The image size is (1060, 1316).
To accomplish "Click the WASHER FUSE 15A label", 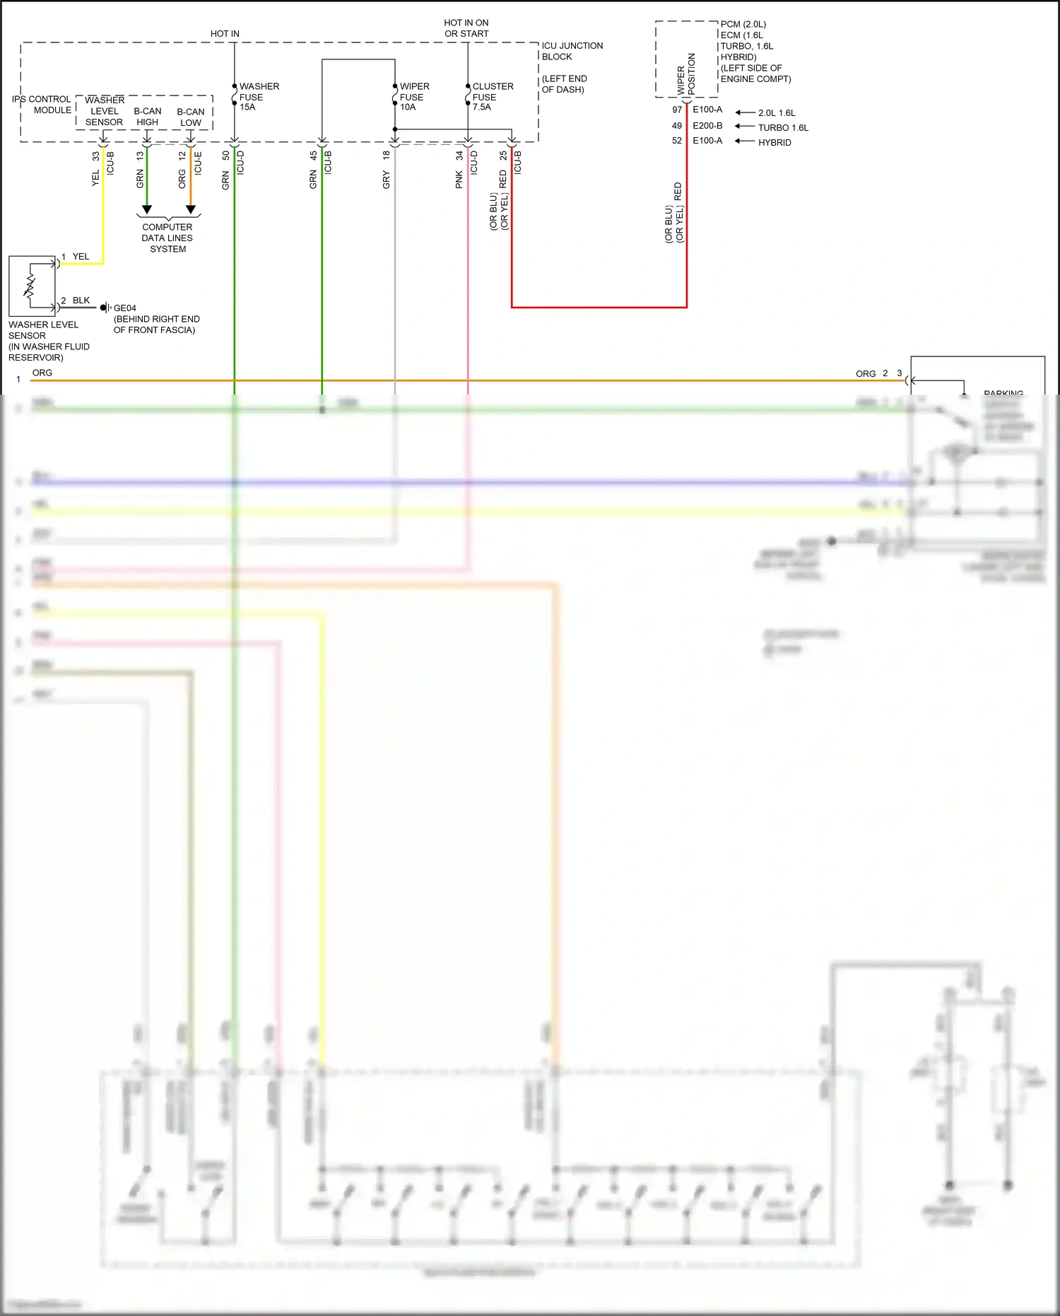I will coord(259,97).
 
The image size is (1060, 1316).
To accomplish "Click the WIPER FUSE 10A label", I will coord(414,97).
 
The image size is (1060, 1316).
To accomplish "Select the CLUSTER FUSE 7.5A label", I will coord(493,97).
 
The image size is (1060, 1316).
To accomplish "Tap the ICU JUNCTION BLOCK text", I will coord(572,51).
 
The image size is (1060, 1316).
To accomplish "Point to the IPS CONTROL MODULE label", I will coord(42,105).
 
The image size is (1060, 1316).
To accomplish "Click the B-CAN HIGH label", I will coord(147,117).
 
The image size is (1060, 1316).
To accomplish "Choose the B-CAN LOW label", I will coord(190,117).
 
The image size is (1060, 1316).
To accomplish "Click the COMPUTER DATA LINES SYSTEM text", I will coord(167,238).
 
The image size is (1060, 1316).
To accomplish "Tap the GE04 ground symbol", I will coord(105,308).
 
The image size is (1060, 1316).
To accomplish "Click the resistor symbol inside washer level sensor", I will coord(30,286).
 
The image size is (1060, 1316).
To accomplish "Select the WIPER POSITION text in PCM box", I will coord(686,75).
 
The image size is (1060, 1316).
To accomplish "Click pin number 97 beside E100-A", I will coord(677,110).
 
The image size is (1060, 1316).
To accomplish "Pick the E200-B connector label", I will coord(707,126).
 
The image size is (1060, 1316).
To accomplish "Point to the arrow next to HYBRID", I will coord(745,141).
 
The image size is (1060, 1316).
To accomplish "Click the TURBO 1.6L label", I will coord(783,128).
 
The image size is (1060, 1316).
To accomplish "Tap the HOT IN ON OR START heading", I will coord(466,28).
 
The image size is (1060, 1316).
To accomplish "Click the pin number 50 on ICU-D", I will coord(226,156).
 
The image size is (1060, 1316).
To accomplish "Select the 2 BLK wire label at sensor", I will coord(76,301).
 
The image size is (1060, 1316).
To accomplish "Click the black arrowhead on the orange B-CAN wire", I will coord(191,210).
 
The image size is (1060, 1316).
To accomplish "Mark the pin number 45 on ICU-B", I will coord(313,156).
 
